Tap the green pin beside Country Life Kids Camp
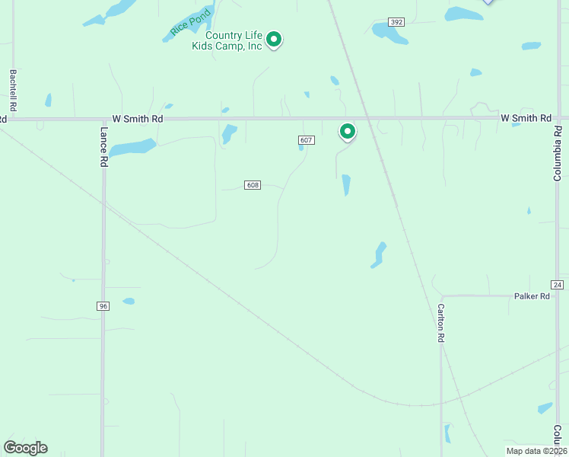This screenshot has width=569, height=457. tap(275, 39)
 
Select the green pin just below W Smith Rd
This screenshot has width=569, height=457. tap(347, 132)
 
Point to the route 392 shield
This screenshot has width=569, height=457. tap(396, 22)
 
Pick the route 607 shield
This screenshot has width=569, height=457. tap(306, 140)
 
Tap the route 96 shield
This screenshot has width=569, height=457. tap(103, 305)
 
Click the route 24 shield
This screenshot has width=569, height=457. tap(558, 284)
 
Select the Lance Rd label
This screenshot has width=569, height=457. tap(104, 142)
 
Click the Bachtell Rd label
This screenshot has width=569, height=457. tap(13, 90)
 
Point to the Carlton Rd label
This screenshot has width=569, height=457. tap(440, 323)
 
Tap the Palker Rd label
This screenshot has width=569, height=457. tap(532, 296)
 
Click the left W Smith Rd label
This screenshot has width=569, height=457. tap(138, 119)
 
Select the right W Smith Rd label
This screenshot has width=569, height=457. tap(526, 118)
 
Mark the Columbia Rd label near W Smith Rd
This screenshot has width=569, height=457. tap(558, 158)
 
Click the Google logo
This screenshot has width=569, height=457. tap(25, 447)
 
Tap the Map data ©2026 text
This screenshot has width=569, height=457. tap(536, 451)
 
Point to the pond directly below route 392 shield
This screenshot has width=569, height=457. tap(389, 32)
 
